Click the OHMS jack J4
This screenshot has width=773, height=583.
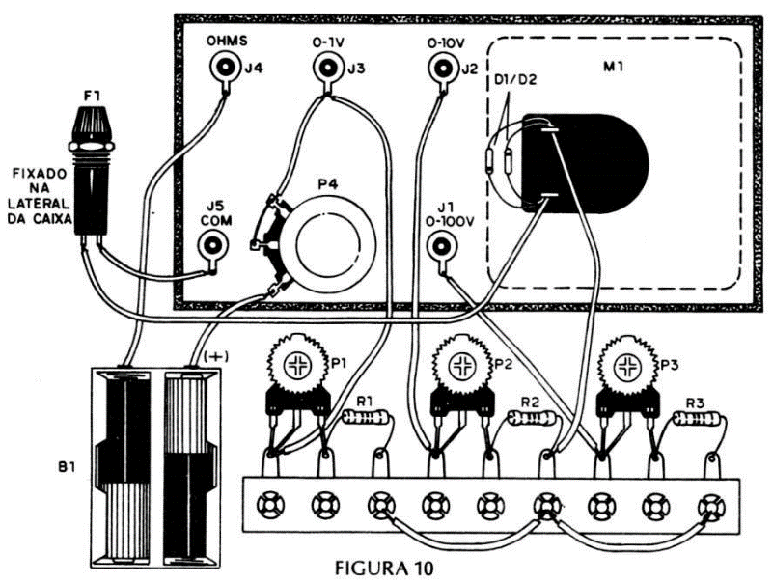coord(225,66)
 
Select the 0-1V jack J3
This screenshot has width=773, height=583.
coord(327,66)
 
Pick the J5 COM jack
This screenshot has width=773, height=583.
coord(213,244)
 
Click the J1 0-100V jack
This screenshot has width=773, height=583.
coord(441,244)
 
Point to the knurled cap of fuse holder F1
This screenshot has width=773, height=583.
coord(93,124)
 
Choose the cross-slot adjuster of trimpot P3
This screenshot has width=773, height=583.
coord(627,366)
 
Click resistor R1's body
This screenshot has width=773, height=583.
coord(365,418)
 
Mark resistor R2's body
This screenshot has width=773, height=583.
coord(532,419)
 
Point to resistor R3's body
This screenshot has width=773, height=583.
coord(697,419)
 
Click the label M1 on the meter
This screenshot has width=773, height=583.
coord(613,67)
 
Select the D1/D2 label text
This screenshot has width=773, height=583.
coord(515,80)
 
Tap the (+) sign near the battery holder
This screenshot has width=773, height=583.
coord(215,356)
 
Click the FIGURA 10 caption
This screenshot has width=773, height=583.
coord(384,569)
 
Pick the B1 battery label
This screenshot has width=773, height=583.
coord(67,466)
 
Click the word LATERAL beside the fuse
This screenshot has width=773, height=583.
coord(38,204)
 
